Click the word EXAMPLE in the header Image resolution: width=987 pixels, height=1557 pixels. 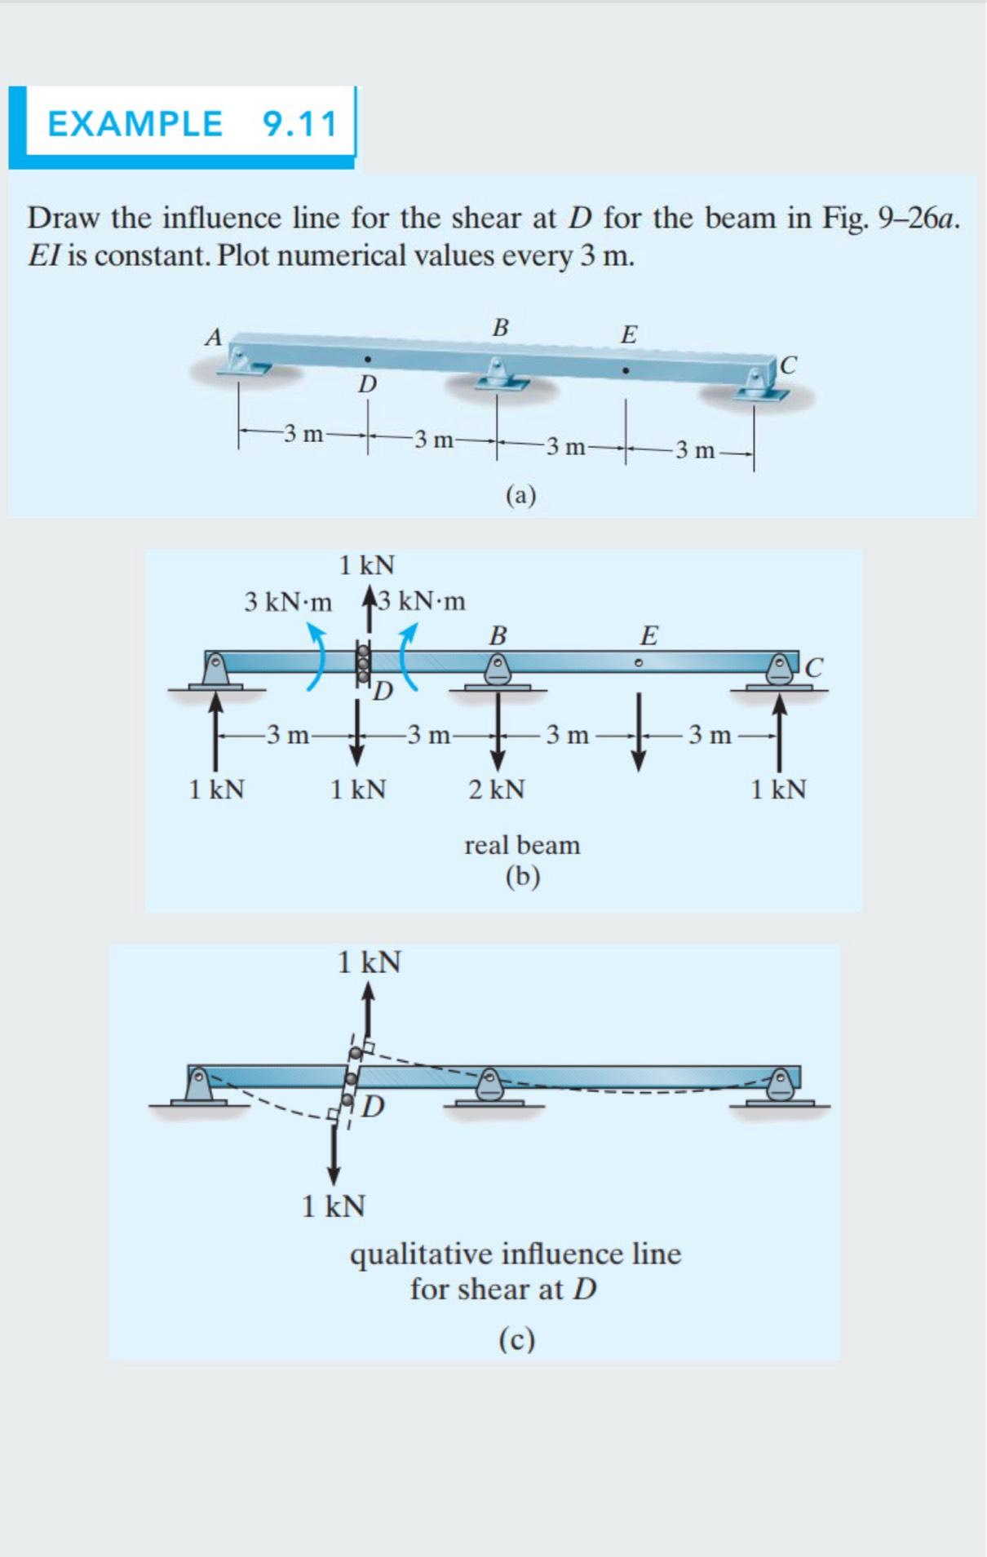click(x=135, y=124)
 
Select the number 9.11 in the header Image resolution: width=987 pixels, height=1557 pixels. click(x=299, y=124)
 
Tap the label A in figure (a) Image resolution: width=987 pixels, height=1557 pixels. click(x=214, y=337)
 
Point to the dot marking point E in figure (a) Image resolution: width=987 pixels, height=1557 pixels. click(x=625, y=370)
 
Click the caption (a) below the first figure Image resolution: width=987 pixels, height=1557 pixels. click(x=520, y=495)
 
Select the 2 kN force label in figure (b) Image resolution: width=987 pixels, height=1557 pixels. click(x=496, y=790)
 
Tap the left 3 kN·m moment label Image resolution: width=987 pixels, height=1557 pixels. click(x=288, y=603)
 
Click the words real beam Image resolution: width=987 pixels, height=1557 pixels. click(x=522, y=845)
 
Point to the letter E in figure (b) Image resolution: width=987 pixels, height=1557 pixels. click(x=648, y=635)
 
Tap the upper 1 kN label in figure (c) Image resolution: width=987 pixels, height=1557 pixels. click(x=370, y=962)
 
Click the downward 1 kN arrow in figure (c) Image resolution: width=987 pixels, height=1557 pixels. click(x=334, y=1154)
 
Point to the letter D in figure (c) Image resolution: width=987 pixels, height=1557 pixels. click(x=374, y=1107)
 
